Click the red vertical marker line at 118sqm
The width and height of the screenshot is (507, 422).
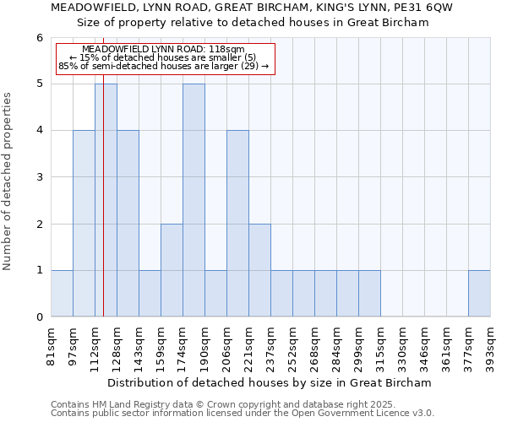103,211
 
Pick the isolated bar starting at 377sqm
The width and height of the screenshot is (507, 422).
479,294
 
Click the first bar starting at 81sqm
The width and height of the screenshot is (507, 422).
62,294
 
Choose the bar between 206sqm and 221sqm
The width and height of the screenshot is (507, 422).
237,224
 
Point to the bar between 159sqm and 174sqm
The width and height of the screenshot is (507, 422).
172,270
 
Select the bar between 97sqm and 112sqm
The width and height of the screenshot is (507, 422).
84,224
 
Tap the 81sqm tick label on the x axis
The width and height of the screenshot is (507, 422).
52,342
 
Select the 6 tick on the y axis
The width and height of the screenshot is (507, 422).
39,38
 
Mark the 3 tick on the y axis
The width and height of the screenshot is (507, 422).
39,177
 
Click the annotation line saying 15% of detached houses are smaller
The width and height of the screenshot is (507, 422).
166,57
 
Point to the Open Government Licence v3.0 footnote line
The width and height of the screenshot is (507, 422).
243,414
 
